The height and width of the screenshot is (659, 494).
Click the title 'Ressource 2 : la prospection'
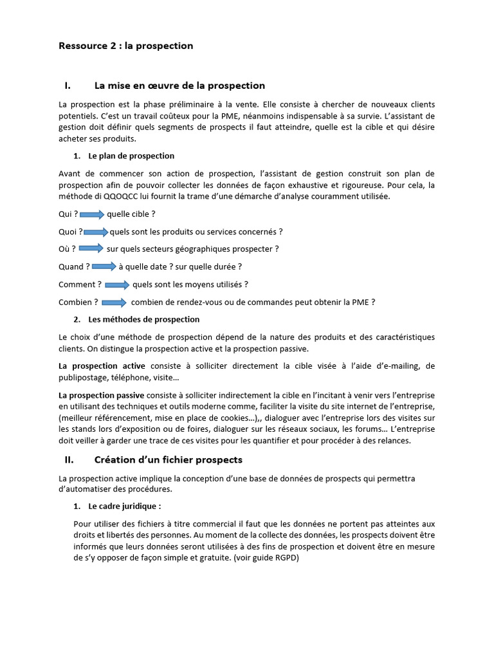125,46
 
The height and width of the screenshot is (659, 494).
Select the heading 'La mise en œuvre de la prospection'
179,86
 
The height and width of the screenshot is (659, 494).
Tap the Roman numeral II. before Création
69,459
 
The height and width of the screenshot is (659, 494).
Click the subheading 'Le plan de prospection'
131,156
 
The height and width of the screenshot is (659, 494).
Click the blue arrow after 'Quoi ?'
96,232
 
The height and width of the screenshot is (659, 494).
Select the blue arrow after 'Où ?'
91,248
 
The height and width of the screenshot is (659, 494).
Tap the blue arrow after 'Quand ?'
104,266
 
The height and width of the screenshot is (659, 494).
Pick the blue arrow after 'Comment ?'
117,284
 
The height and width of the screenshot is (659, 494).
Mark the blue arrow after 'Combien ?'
114,302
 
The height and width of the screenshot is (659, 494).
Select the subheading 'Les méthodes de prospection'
143,319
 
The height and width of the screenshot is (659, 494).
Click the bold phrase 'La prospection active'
102,366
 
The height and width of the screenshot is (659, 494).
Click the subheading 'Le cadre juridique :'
125,506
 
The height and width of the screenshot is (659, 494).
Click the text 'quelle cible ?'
131,214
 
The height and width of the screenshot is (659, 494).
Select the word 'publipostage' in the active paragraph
82,377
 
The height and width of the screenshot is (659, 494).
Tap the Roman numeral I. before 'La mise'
68,86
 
